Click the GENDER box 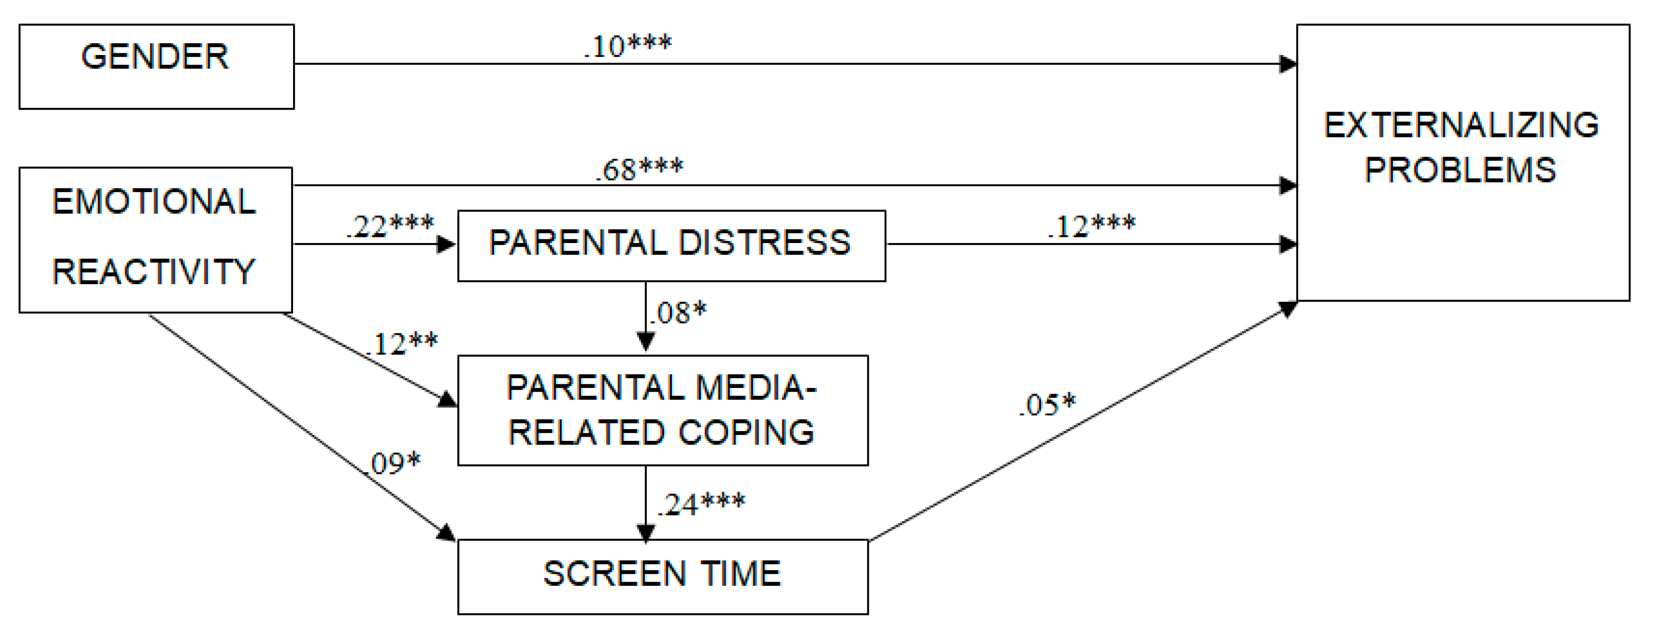click(x=156, y=66)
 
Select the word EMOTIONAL click(x=154, y=201)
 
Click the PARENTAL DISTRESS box click(x=671, y=245)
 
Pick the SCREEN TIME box click(x=663, y=576)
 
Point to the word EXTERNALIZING click(x=1461, y=125)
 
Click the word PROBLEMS click(x=1460, y=170)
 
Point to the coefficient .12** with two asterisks click(x=402, y=343)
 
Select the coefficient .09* click(x=394, y=462)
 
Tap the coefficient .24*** click(x=701, y=504)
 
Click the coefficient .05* click(x=1047, y=404)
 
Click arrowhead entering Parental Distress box click(x=446, y=244)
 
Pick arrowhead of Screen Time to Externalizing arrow click(x=1288, y=309)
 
